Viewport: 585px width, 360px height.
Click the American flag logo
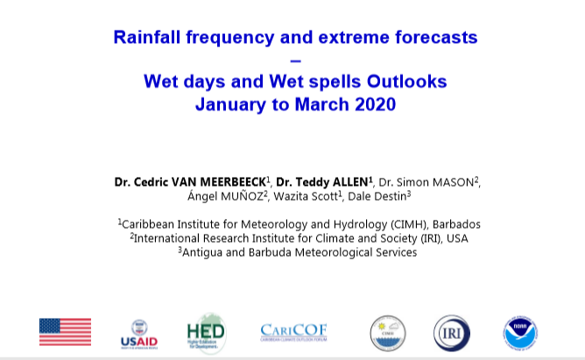(66, 332)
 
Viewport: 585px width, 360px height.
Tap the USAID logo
(139, 335)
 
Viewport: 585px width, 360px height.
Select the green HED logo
(207, 333)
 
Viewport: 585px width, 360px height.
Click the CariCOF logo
(293, 332)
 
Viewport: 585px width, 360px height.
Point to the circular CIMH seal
(388, 333)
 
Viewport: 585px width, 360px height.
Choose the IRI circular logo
(451, 333)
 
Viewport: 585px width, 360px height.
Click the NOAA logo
(520, 333)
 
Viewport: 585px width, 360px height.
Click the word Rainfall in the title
(147, 38)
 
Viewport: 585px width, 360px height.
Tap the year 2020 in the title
(376, 104)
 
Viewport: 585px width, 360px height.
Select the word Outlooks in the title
(406, 81)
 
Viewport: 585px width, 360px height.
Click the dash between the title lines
(295, 60)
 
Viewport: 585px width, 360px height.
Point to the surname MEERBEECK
(233, 182)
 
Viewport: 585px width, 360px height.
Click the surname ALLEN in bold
(350, 182)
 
